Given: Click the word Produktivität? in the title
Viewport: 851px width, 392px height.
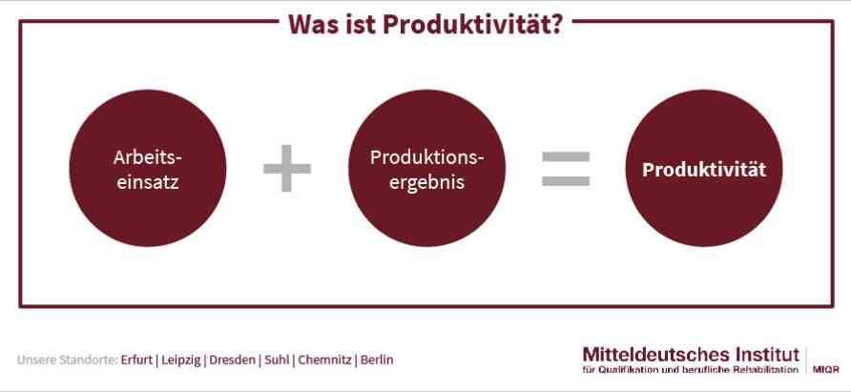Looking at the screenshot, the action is tap(472, 25).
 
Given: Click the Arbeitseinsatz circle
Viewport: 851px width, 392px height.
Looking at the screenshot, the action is tap(148, 168).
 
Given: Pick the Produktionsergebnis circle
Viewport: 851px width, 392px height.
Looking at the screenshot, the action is tap(426, 168).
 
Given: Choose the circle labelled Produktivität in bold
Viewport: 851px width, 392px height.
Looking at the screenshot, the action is tap(704, 168).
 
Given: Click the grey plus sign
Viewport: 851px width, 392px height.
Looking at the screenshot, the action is tap(287, 168).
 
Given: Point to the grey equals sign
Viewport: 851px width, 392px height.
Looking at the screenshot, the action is tap(566, 169).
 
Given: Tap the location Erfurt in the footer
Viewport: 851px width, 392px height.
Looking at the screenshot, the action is tap(136, 360).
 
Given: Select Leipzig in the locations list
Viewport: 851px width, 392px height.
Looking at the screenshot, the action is tap(181, 361).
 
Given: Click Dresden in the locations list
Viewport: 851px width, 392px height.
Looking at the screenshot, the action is tap(232, 360).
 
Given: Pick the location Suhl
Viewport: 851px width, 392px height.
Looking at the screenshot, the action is tap(277, 360).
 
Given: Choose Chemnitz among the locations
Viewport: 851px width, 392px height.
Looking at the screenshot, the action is tap(324, 360).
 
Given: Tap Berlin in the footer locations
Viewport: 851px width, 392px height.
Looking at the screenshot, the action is tap(377, 360).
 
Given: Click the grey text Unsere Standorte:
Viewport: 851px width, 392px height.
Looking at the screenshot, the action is tap(68, 360).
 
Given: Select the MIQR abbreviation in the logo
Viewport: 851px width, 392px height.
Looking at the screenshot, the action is tap(825, 370).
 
